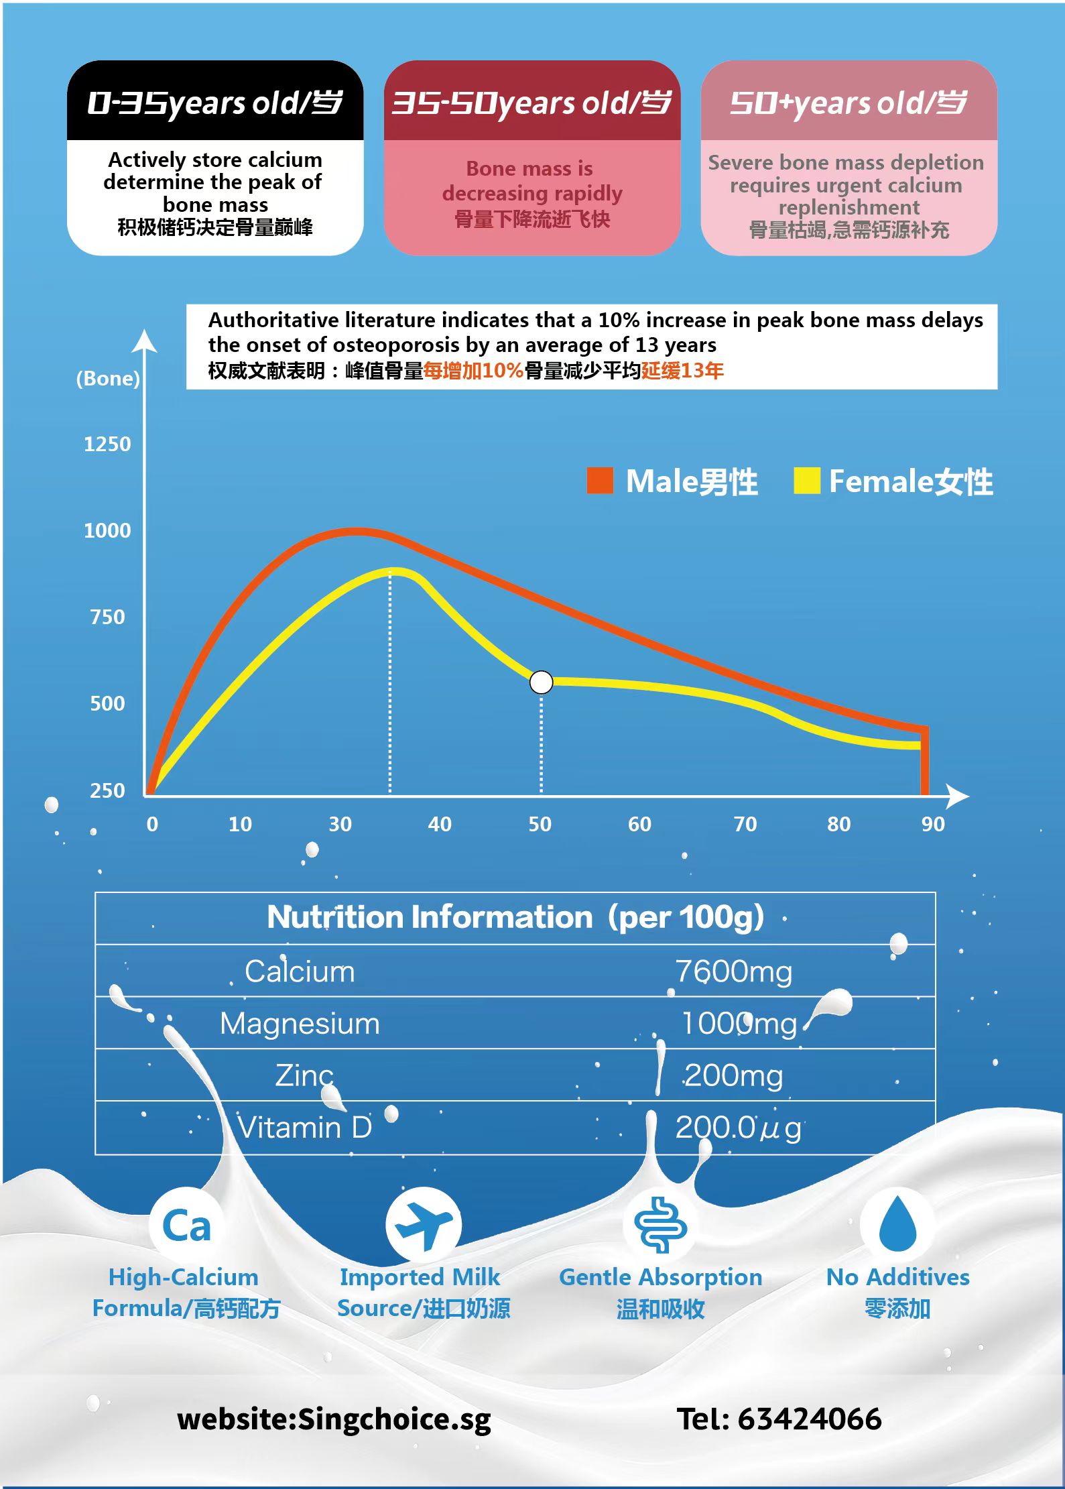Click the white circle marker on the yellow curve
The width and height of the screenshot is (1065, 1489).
[541, 682]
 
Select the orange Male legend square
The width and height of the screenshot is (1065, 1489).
[600, 481]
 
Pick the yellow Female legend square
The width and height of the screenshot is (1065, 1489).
[806, 481]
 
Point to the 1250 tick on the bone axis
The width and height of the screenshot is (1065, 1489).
[107, 444]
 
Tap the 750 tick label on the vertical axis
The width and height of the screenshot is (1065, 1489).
[107, 617]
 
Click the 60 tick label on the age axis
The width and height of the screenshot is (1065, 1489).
[639, 824]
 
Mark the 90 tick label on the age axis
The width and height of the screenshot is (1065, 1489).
[932, 824]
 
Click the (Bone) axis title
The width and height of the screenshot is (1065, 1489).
[108, 378]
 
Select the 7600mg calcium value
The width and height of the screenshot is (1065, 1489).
[733, 971]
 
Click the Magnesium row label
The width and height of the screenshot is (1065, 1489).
[300, 1024]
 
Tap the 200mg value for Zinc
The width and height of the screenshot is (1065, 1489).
[733, 1075]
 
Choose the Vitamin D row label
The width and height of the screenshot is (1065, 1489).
[305, 1128]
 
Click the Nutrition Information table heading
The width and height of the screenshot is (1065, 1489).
[515, 917]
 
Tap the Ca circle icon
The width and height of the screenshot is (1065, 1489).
[186, 1226]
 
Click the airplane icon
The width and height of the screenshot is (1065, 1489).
[424, 1226]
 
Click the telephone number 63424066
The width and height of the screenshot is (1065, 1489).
[810, 1419]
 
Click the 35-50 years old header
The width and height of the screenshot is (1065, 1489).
[531, 103]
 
